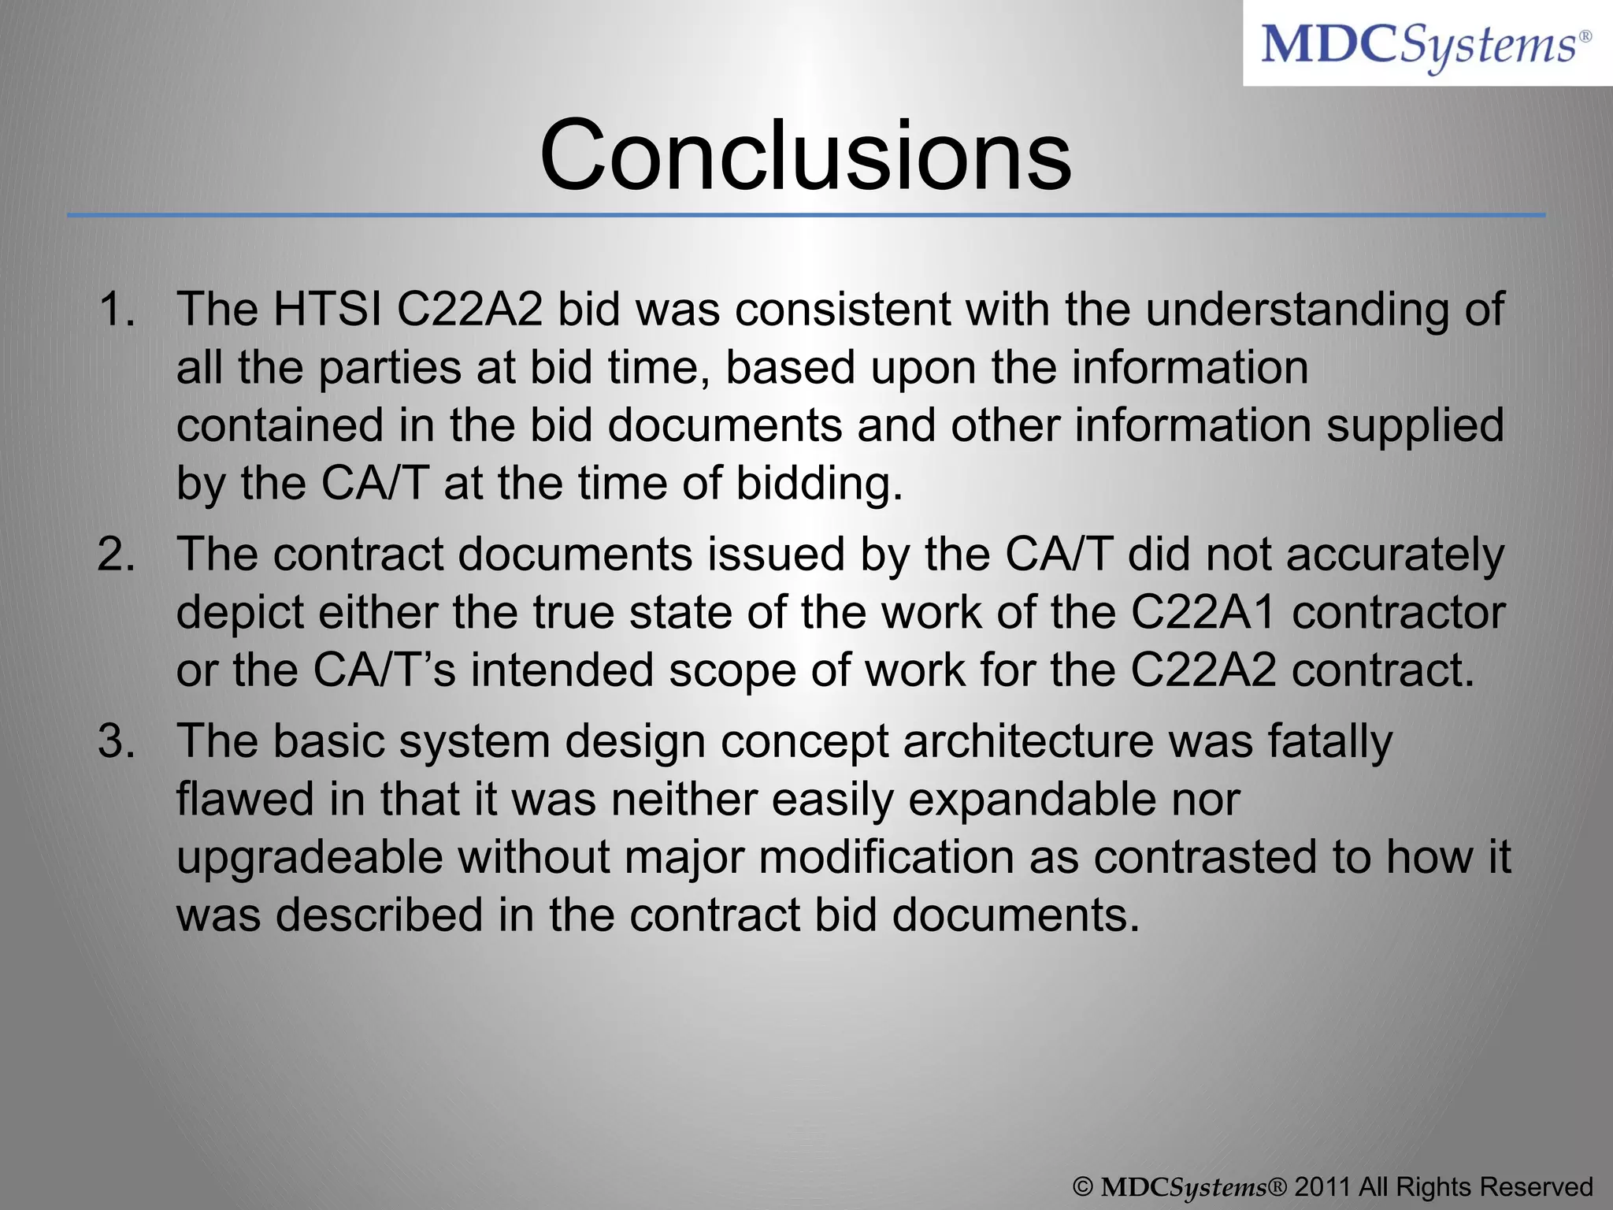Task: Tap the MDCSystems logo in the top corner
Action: pyautogui.click(x=1426, y=45)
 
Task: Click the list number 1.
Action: pyautogui.click(x=117, y=309)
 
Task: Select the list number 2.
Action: pyautogui.click(x=117, y=554)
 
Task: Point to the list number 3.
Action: pyautogui.click(x=117, y=741)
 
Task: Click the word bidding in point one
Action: pyautogui.click(x=819, y=483)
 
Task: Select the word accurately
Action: pyautogui.click(x=1395, y=555)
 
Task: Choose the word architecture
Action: pyautogui.click(x=1028, y=741)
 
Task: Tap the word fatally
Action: pyautogui.click(x=1330, y=743)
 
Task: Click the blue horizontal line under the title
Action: pyautogui.click(x=805, y=215)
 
